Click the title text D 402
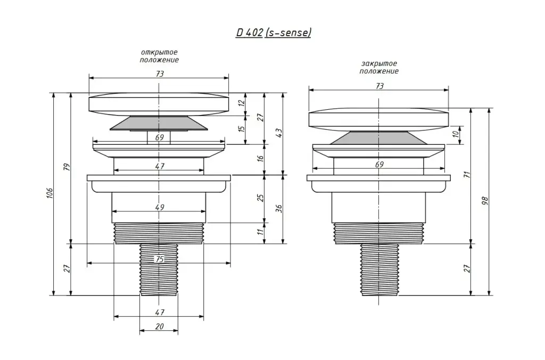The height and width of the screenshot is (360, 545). click(249, 32)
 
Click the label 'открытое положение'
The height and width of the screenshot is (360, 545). click(159, 56)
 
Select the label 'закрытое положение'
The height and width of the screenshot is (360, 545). click(379, 68)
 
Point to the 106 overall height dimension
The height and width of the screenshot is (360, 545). click(50, 193)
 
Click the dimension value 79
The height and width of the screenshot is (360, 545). click(68, 167)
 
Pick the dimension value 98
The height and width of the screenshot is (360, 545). click(485, 201)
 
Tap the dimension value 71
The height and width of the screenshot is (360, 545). click(467, 175)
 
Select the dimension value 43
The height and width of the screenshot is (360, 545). click(279, 133)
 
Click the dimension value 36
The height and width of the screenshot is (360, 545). click(279, 208)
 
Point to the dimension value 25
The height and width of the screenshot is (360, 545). click(261, 198)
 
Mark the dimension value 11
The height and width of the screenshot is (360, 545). click(261, 231)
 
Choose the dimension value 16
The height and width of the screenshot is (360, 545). click(261, 158)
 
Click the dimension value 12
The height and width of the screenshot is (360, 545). click(242, 103)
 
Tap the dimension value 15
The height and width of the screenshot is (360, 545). click(242, 128)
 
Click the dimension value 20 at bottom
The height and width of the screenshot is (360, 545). click(160, 326)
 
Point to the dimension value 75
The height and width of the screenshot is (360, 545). click(160, 259)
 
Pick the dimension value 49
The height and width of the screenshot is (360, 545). click(160, 207)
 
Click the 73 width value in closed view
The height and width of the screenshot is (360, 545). click(379, 86)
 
